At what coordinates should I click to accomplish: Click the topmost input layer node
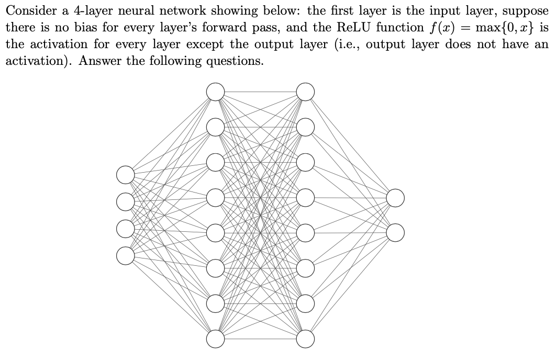[126, 175]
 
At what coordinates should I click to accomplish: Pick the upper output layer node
[395, 198]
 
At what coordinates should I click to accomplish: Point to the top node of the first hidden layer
[215, 92]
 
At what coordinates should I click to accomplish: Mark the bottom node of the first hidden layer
[215, 339]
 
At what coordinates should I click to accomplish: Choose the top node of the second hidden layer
[306, 92]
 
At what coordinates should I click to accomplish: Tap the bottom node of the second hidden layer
[306, 339]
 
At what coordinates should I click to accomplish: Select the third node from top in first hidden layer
[215, 162]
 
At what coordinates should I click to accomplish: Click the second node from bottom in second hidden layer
[306, 303]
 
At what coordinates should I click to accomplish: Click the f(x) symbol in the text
[438, 28]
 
